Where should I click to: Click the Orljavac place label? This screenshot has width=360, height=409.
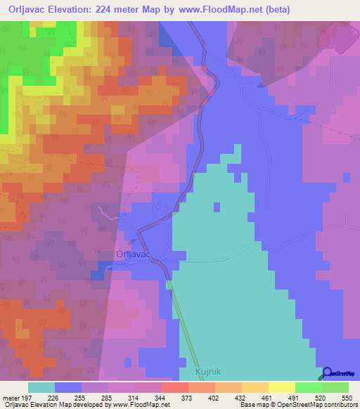pos(136,256)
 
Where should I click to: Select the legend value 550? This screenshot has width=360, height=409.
pos(347,398)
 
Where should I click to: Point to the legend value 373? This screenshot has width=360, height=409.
pos(188,398)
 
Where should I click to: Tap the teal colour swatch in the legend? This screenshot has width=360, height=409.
pos(41,387)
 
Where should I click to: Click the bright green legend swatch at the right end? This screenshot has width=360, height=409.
pos(335,387)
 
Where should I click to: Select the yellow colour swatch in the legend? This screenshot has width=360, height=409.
pos(282,387)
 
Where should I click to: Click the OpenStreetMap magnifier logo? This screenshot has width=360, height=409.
pos(327,373)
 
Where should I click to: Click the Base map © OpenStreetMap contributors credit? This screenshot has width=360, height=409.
pos(297,405)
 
